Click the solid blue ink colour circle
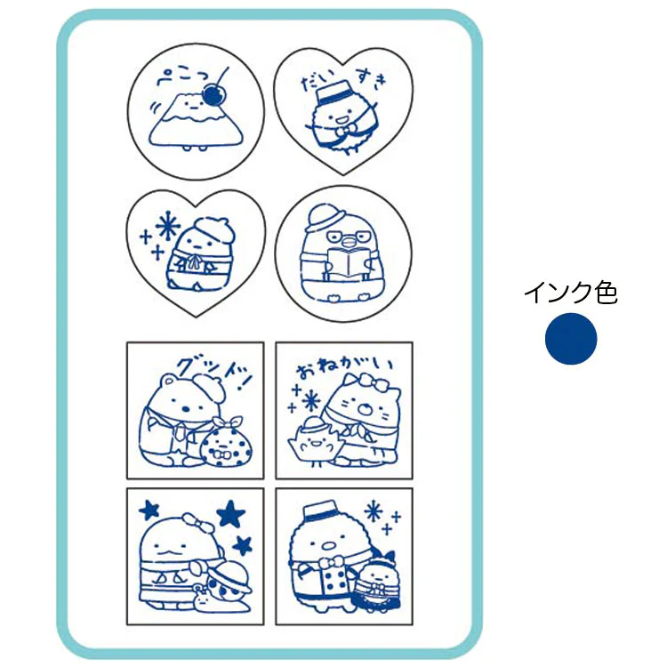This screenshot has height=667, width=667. tap(571, 339)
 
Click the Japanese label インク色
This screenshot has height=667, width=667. tap(571, 293)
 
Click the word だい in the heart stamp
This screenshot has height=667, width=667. tap(315, 82)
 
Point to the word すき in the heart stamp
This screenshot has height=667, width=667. tap(372, 77)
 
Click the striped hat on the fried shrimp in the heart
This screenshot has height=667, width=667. tap(333, 93)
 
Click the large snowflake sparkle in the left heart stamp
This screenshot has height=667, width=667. tap(167, 225)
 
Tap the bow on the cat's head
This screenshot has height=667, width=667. tap(372, 382)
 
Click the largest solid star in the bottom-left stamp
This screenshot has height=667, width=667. tap(231, 513)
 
